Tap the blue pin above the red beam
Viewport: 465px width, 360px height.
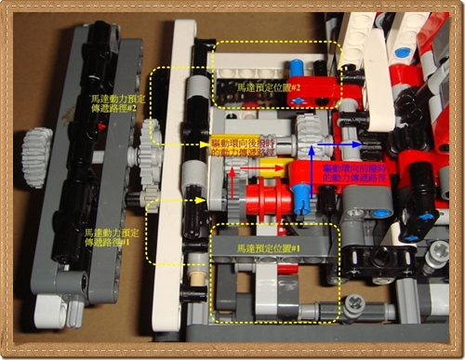pos(297,71)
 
